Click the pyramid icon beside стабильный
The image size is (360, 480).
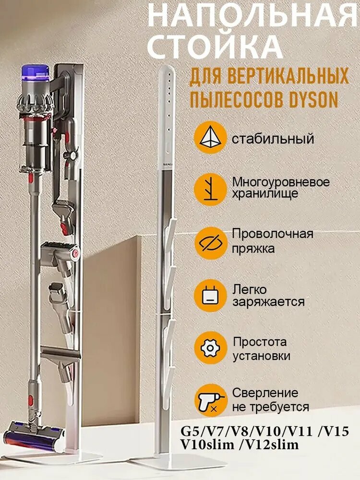tap(210, 138)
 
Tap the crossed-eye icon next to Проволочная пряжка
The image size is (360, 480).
tap(210, 242)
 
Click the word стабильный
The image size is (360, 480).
tap(273, 139)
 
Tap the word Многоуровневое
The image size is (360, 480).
tap(281, 182)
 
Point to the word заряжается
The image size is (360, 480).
tap(268, 302)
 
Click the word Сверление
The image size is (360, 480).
tap(265, 393)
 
